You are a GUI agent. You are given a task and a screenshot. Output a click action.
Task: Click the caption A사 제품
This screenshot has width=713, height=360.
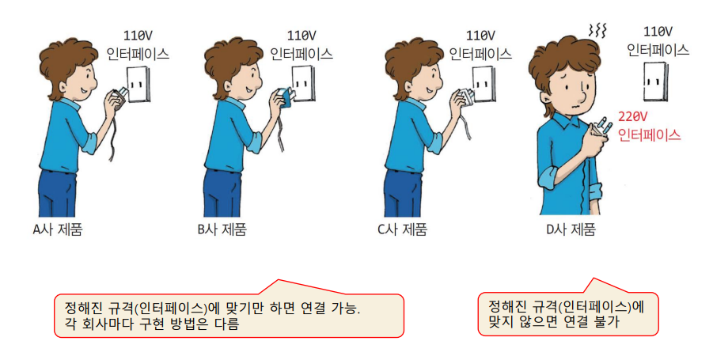point(58,229)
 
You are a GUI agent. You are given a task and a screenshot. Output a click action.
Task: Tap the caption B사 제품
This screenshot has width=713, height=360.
point(222,229)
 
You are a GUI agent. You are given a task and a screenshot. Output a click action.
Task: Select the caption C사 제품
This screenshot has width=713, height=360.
point(403,229)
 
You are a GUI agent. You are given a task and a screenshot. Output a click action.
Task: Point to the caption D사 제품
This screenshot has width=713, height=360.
point(571,229)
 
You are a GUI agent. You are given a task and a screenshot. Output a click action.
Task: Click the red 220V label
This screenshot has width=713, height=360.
point(632,117)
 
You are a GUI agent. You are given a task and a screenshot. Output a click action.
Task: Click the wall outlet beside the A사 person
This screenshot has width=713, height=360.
point(138,84)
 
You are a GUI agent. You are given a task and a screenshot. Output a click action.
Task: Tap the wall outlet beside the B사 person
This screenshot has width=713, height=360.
point(302,84)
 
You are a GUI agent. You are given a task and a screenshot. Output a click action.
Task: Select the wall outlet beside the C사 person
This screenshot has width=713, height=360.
point(483,84)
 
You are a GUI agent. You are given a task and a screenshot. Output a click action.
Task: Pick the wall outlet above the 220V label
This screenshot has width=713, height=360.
point(655,81)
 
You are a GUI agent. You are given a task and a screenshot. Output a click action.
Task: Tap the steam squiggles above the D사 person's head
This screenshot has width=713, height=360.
point(597,31)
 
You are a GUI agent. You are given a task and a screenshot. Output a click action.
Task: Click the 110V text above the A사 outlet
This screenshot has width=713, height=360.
point(138,36)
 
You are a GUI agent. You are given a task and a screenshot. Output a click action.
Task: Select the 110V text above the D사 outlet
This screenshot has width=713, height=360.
point(658,32)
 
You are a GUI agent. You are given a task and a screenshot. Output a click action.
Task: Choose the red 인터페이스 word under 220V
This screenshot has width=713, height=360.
point(650,135)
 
